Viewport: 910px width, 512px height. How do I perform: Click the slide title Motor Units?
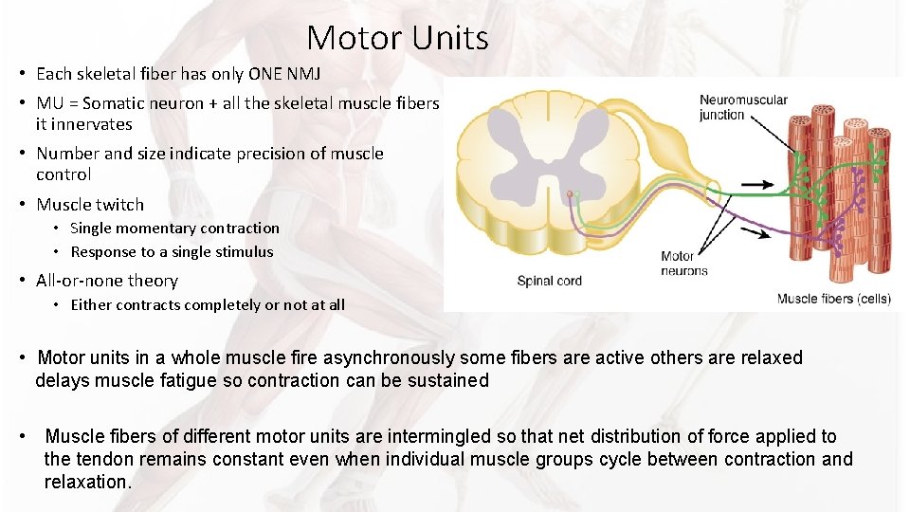tap(397, 38)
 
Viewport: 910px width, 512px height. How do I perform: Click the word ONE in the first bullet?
tap(272, 73)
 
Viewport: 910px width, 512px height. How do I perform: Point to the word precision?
tap(258, 154)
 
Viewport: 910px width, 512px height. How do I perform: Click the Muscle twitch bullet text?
tap(90, 205)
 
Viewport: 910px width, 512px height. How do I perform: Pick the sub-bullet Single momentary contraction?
tap(174, 229)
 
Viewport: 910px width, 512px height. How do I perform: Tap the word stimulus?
tap(245, 252)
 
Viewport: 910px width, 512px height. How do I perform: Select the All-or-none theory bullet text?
tap(107, 281)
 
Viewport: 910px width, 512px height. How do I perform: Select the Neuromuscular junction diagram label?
tap(743, 107)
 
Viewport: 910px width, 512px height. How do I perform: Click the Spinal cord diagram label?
tap(549, 281)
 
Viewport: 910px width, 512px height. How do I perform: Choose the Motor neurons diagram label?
tap(683, 263)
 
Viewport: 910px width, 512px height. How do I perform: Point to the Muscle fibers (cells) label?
tap(833, 299)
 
